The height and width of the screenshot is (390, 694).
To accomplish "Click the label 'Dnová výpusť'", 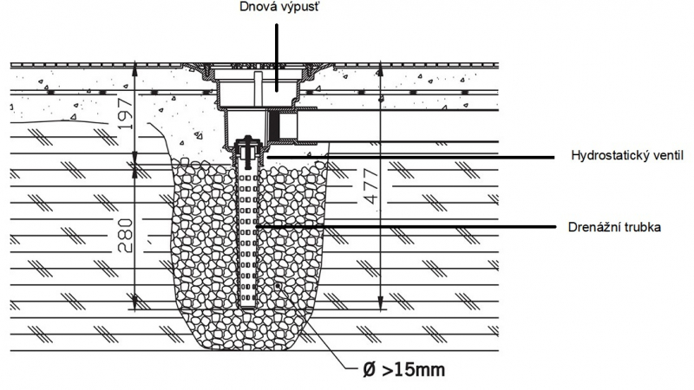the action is [279, 7].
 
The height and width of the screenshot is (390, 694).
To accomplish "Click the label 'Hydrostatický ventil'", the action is [627, 156].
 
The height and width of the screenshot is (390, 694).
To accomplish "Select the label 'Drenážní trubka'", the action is [614, 227].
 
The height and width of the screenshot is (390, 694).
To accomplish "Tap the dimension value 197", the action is [126, 114].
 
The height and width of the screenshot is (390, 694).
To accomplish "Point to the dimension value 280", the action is [126, 235].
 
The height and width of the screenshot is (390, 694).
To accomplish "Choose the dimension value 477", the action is [372, 186].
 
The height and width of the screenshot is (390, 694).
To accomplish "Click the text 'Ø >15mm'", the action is [404, 370].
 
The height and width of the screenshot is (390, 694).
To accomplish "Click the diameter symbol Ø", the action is [370, 370].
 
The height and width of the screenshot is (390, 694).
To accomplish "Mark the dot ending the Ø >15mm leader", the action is [278, 286].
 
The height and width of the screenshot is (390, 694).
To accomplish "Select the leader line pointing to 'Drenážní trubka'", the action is [405, 227].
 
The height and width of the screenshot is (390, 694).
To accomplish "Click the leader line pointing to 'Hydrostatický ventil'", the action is [410, 157].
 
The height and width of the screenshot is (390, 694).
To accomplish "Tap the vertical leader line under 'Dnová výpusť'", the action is [277, 56].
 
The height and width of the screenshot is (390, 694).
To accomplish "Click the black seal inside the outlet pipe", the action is [274, 126].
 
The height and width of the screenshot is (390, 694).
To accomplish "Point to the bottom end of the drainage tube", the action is [248, 307].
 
